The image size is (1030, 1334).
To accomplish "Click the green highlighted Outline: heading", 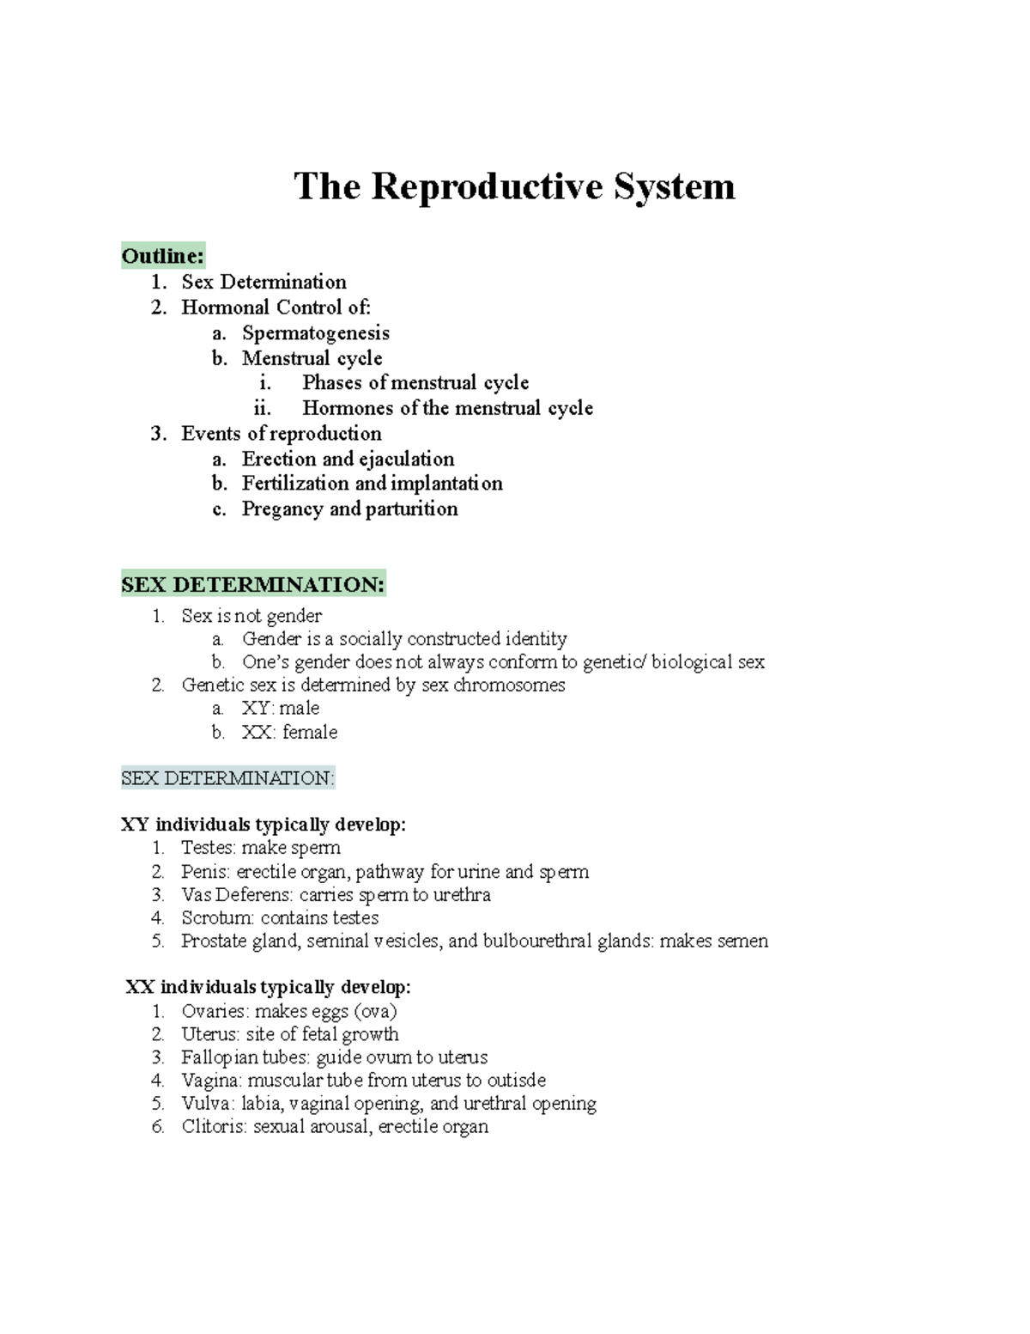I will click(163, 256).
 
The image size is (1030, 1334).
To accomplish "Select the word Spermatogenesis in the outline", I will click(315, 332).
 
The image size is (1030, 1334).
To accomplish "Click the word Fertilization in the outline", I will click(295, 484).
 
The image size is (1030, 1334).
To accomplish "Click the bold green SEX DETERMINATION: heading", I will click(253, 585).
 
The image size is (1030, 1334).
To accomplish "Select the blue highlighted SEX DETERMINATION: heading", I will click(227, 778).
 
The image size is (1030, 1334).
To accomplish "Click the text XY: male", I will click(281, 709).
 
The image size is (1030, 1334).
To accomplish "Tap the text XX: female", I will click(289, 733).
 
